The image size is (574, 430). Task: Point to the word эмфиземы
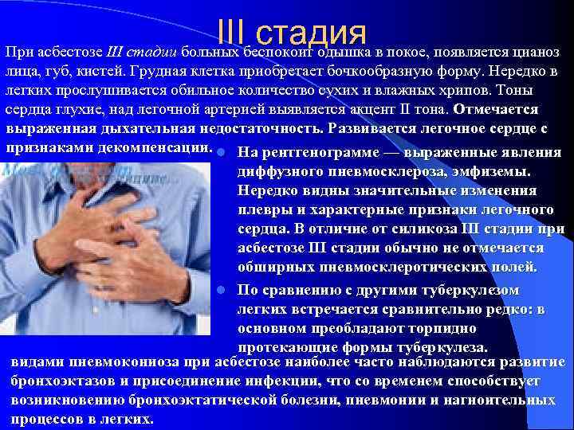pyautogui.click(x=500, y=171)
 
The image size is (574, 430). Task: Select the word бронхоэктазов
pyautogui.click(x=60, y=381)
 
